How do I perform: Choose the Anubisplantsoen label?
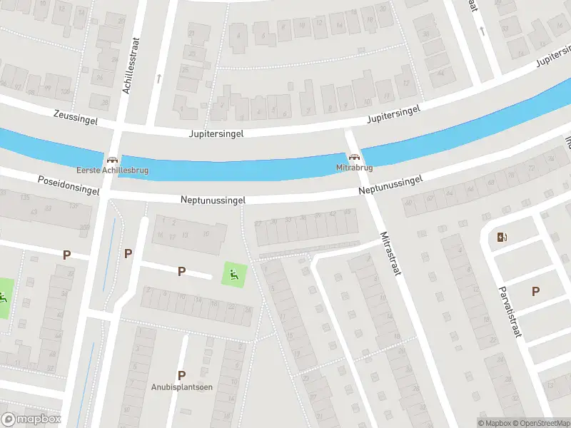click(182, 387)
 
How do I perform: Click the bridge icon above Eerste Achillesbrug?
click(112, 160)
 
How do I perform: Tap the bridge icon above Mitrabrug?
click(354, 158)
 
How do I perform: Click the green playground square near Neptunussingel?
click(233, 272)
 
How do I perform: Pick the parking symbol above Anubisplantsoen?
click(181, 374)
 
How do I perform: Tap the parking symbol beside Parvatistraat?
click(535, 290)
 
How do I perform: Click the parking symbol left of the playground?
click(181, 270)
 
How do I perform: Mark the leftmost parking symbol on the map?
click(67, 254)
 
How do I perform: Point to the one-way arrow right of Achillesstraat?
click(158, 78)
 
